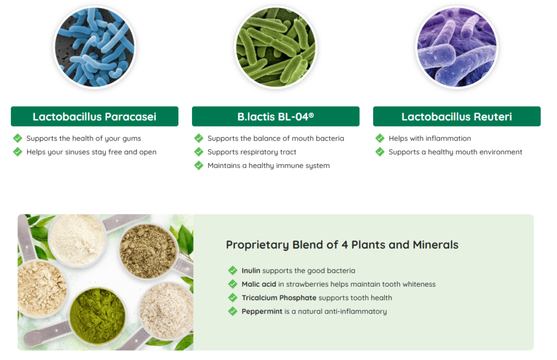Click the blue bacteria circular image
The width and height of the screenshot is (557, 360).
tap(95, 47)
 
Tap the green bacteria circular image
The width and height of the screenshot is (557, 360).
tap(276, 47)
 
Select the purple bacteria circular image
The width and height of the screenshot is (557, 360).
tap(457, 47)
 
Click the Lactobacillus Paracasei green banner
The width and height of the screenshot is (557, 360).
tap(95, 116)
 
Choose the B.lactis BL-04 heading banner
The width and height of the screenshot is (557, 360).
tap(276, 116)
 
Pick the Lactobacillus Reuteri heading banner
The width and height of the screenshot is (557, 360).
tap(457, 116)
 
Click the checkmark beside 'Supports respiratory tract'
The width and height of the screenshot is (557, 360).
tap(199, 152)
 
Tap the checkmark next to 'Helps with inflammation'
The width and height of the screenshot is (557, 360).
tap(380, 138)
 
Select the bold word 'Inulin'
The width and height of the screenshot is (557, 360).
tap(251, 270)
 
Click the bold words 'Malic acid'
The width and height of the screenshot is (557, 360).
tap(258, 284)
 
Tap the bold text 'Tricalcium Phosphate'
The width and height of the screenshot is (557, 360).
tap(279, 298)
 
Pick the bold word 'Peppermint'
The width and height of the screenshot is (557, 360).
tap(262, 312)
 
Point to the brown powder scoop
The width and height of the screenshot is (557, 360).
tap(148, 251)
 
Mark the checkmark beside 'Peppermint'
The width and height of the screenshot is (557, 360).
tap(233, 312)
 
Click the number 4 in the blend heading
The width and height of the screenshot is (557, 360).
tap(344, 245)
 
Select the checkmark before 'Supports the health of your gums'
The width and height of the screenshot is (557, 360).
tap(17, 138)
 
